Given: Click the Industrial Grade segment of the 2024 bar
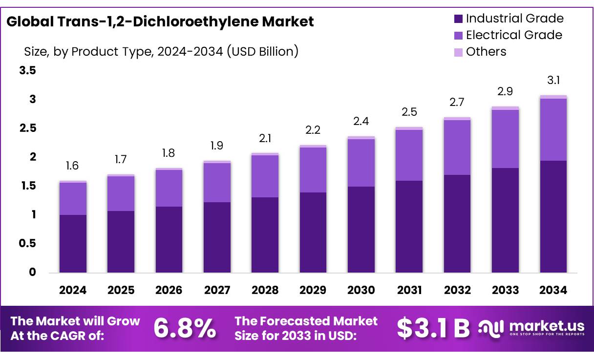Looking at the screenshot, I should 73,243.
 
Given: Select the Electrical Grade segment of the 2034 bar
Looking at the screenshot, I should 553,129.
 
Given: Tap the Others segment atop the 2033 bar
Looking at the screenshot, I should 505,108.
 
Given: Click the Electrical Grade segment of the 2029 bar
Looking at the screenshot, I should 313,169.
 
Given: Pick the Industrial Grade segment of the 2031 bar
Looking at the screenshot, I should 409,226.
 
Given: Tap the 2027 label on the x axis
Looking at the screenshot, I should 217,290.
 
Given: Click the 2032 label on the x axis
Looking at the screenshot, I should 457,290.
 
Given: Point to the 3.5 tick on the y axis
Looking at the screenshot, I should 27,71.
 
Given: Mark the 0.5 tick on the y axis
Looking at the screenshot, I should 27,243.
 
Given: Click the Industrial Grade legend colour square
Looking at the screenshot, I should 458,19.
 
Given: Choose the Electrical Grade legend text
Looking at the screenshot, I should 513,35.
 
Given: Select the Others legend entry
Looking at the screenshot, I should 486,52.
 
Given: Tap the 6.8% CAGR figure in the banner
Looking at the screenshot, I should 185,328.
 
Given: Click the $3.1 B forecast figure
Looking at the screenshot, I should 433,328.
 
